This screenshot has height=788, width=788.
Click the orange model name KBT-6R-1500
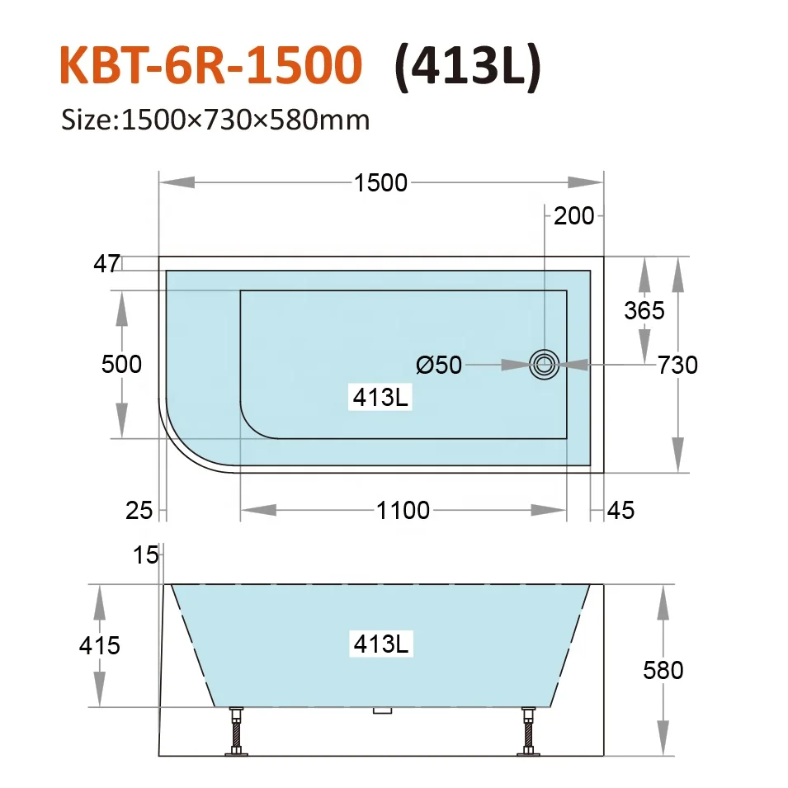tap(211, 67)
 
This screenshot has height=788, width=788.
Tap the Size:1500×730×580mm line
tap(215, 120)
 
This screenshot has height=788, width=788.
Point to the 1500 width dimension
tap(380, 182)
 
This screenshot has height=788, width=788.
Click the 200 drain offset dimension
tap(573, 216)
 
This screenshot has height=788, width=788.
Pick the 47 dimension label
tap(106, 264)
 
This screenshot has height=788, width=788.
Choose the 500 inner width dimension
tap(121, 364)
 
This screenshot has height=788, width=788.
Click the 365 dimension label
tap(644, 310)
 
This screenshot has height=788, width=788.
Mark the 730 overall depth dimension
tap(677, 364)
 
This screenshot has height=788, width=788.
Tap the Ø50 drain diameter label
tap(439, 364)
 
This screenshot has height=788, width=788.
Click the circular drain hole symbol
tap(544, 363)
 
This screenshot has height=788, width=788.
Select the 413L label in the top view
tap(380, 398)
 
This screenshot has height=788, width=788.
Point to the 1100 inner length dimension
tap(403, 511)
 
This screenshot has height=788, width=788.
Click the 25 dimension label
tap(139, 511)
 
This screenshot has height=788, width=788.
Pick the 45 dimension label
tap(620, 511)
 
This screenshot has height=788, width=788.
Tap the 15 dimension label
tap(145, 555)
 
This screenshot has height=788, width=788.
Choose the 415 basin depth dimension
tap(101, 644)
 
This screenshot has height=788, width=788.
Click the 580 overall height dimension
tap(663, 670)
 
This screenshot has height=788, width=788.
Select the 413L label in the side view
tap(380, 644)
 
